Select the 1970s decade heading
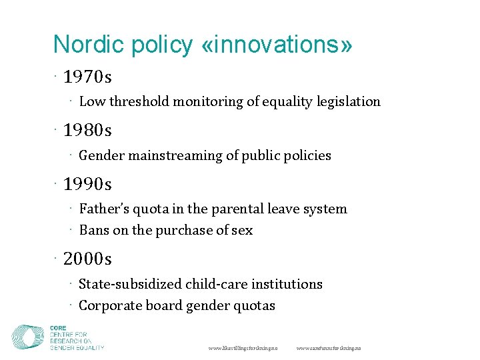tap(88, 77)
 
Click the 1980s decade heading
tap(88, 129)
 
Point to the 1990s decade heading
tap(88, 183)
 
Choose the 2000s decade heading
tap(88, 259)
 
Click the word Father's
tap(102, 209)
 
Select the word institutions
tap(289, 285)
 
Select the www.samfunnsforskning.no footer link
tap(329, 348)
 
